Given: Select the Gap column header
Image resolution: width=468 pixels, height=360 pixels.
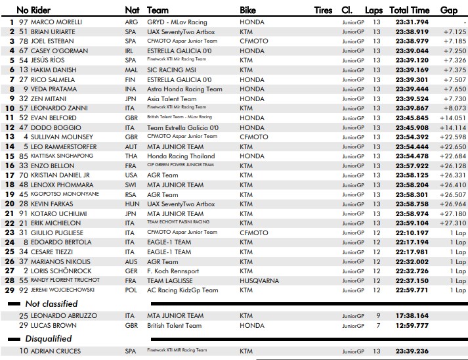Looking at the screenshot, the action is pyautogui.click(x=449, y=10).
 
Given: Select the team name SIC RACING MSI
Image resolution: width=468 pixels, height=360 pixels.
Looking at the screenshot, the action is pyautogui.click(x=171, y=70).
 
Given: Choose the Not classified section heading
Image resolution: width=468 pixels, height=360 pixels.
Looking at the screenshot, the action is pyautogui.click(x=51, y=304).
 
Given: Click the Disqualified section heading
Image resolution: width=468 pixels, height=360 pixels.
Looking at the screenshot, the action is pyautogui.click(x=49, y=339).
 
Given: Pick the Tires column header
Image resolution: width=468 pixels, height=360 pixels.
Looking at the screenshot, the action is pyautogui.click(x=323, y=10).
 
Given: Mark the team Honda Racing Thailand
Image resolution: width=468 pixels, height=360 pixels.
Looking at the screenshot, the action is pyautogui.click(x=181, y=156).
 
